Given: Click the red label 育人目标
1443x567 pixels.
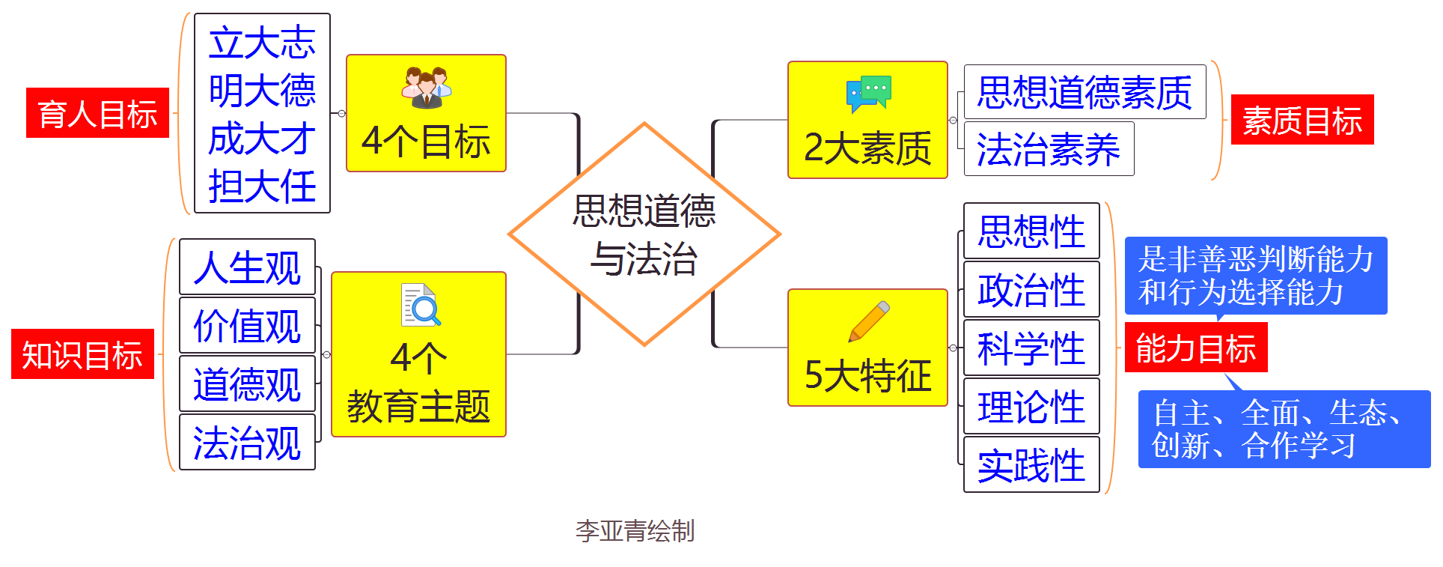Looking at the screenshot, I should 97,113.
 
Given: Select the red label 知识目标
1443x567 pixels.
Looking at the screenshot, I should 82,354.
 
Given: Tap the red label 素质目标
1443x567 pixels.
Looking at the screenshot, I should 1302,120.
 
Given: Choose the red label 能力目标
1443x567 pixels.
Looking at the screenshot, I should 1195,348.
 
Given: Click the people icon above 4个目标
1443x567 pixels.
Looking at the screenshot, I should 426,88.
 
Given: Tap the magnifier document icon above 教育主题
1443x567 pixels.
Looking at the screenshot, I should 421,305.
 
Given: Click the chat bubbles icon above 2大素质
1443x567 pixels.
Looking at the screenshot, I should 868,94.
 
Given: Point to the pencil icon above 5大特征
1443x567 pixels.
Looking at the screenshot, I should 869,321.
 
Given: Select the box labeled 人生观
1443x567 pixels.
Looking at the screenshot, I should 247,267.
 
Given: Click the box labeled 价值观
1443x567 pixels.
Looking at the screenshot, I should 247,326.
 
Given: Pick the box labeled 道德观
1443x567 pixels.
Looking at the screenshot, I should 247,384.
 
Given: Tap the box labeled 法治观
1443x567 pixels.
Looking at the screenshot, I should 247,443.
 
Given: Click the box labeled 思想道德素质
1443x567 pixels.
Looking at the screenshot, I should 1084,92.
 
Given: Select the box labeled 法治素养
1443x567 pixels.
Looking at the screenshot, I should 1049,149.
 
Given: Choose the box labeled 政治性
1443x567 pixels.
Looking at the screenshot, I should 1031,290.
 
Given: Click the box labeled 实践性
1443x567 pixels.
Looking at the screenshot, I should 1031,465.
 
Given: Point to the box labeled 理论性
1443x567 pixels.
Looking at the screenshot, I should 1031,407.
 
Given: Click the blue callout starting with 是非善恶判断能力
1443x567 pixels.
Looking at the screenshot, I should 1255,276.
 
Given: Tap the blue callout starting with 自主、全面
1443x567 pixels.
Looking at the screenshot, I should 1284,429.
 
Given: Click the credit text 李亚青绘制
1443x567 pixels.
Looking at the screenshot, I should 635,531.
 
